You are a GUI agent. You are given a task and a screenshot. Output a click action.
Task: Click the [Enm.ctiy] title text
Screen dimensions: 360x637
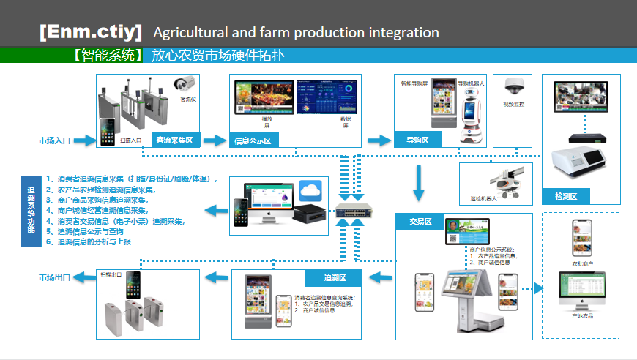[91, 32]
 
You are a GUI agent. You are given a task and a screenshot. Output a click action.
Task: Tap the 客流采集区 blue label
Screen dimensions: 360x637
[174, 139]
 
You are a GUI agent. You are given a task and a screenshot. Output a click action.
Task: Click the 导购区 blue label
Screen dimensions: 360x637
[411, 140]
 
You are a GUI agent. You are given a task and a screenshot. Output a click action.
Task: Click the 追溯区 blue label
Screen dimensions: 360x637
[335, 278]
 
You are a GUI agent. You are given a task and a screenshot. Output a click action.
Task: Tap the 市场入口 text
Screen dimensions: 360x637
[56, 139]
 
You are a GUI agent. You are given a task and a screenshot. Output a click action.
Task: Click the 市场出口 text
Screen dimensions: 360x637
[56, 277]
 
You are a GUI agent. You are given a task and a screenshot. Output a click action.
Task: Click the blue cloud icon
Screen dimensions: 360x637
[310, 191]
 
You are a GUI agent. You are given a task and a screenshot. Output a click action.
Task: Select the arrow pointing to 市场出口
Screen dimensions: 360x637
[86, 277]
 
